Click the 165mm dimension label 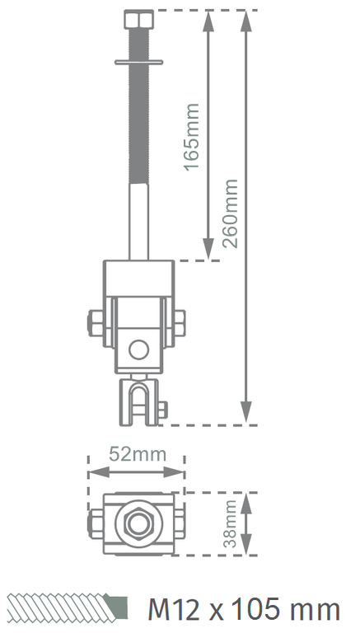point(190,137)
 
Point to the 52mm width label point(137,453)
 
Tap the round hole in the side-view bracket point(138,350)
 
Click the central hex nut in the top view point(137,523)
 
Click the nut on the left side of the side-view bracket point(92,324)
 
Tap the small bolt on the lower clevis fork point(161,408)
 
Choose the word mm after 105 point(311,609)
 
